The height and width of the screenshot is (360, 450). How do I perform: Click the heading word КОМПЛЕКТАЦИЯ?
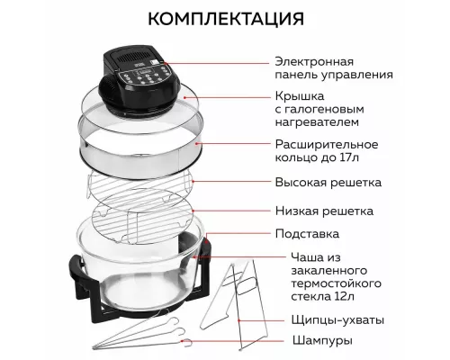pyautogui.click(x=224, y=20)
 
